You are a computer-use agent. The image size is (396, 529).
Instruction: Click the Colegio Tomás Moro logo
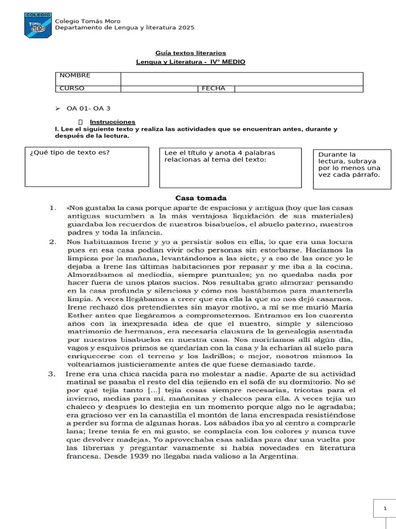coord(38,24)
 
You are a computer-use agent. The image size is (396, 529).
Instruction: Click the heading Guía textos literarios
coord(190,53)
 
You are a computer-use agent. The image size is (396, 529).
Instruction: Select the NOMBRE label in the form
coord(75,75)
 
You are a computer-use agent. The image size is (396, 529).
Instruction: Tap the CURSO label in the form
coord(72,88)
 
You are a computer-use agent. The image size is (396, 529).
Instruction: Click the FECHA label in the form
coord(213,88)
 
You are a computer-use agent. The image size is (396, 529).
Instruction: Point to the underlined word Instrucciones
coord(116,122)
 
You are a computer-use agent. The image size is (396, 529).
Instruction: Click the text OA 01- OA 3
coord(88,108)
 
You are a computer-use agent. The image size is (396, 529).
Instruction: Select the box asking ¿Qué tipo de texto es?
coord(87,167)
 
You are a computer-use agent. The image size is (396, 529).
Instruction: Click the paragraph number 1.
coord(52,208)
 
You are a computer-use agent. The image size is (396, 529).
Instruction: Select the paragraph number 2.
coord(52,241)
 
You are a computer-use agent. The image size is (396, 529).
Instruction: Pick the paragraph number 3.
coord(52,373)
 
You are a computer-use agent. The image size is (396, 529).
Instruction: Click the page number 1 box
coord(384,509)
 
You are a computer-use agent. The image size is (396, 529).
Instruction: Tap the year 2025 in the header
coord(186,28)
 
